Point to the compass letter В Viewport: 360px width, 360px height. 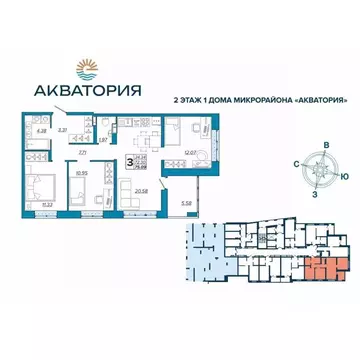pos(325,146)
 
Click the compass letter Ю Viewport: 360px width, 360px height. pos(344,176)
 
